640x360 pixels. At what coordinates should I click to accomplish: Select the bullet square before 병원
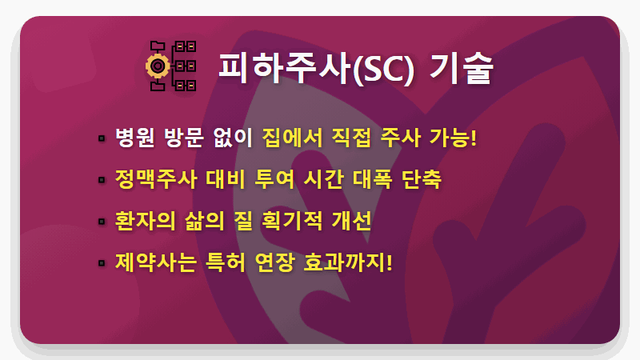pyautogui.click(x=102, y=139)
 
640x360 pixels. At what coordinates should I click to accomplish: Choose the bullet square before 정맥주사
pyautogui.click(x=102, y=180)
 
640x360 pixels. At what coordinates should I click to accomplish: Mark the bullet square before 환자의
pyautogui.click(x=102, y=221)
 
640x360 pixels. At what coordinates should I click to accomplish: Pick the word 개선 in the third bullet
pyautogui.click(x=352, y=220)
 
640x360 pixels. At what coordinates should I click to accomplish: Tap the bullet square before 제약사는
pyautogui.click(x=102, y=262)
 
